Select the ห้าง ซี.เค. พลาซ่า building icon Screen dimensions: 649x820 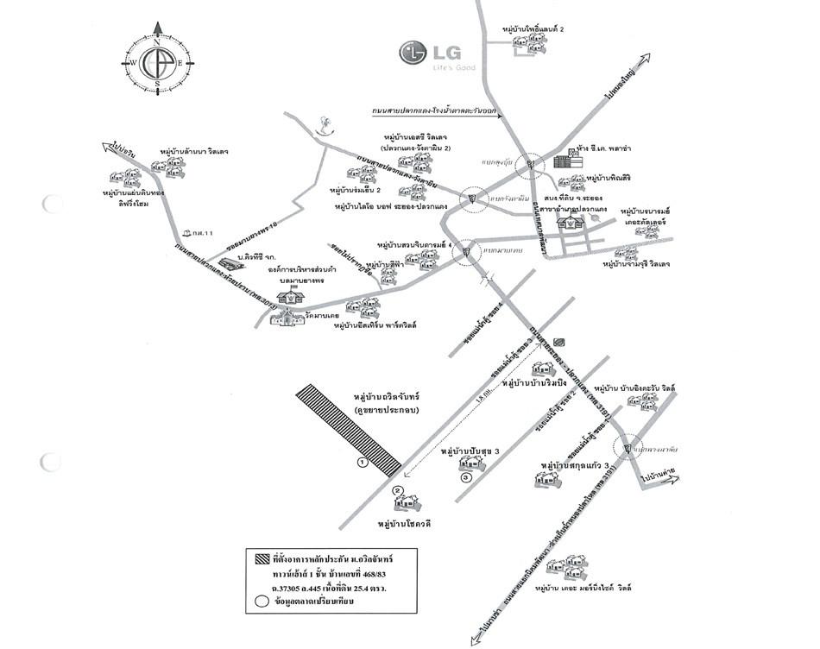[x=563, y=161]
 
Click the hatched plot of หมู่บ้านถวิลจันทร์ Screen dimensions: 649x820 [x=348, y=430]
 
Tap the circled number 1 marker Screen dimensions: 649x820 [x=363, y=463]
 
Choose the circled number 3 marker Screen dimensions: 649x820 [x=467, y=476]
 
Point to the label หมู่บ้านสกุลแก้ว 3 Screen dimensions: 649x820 [x=576, y=465]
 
